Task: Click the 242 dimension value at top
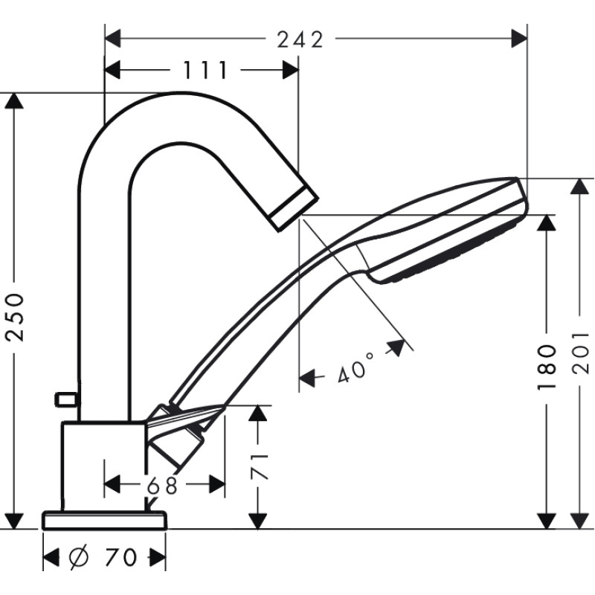pyautogui.click(x=300, y=39)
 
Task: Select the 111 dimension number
pyautogui.click(x=204, y=70)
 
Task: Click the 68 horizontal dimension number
pyautogui.click(x=162, y=486)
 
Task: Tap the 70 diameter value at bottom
pyautogui.click(x=119, y=556)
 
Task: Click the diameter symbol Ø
pyautogui.click(x=79, y=556)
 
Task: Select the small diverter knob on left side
pyautogui.click(x=65, y=399)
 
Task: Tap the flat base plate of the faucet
pyautogui.click(x=105, y=520)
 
